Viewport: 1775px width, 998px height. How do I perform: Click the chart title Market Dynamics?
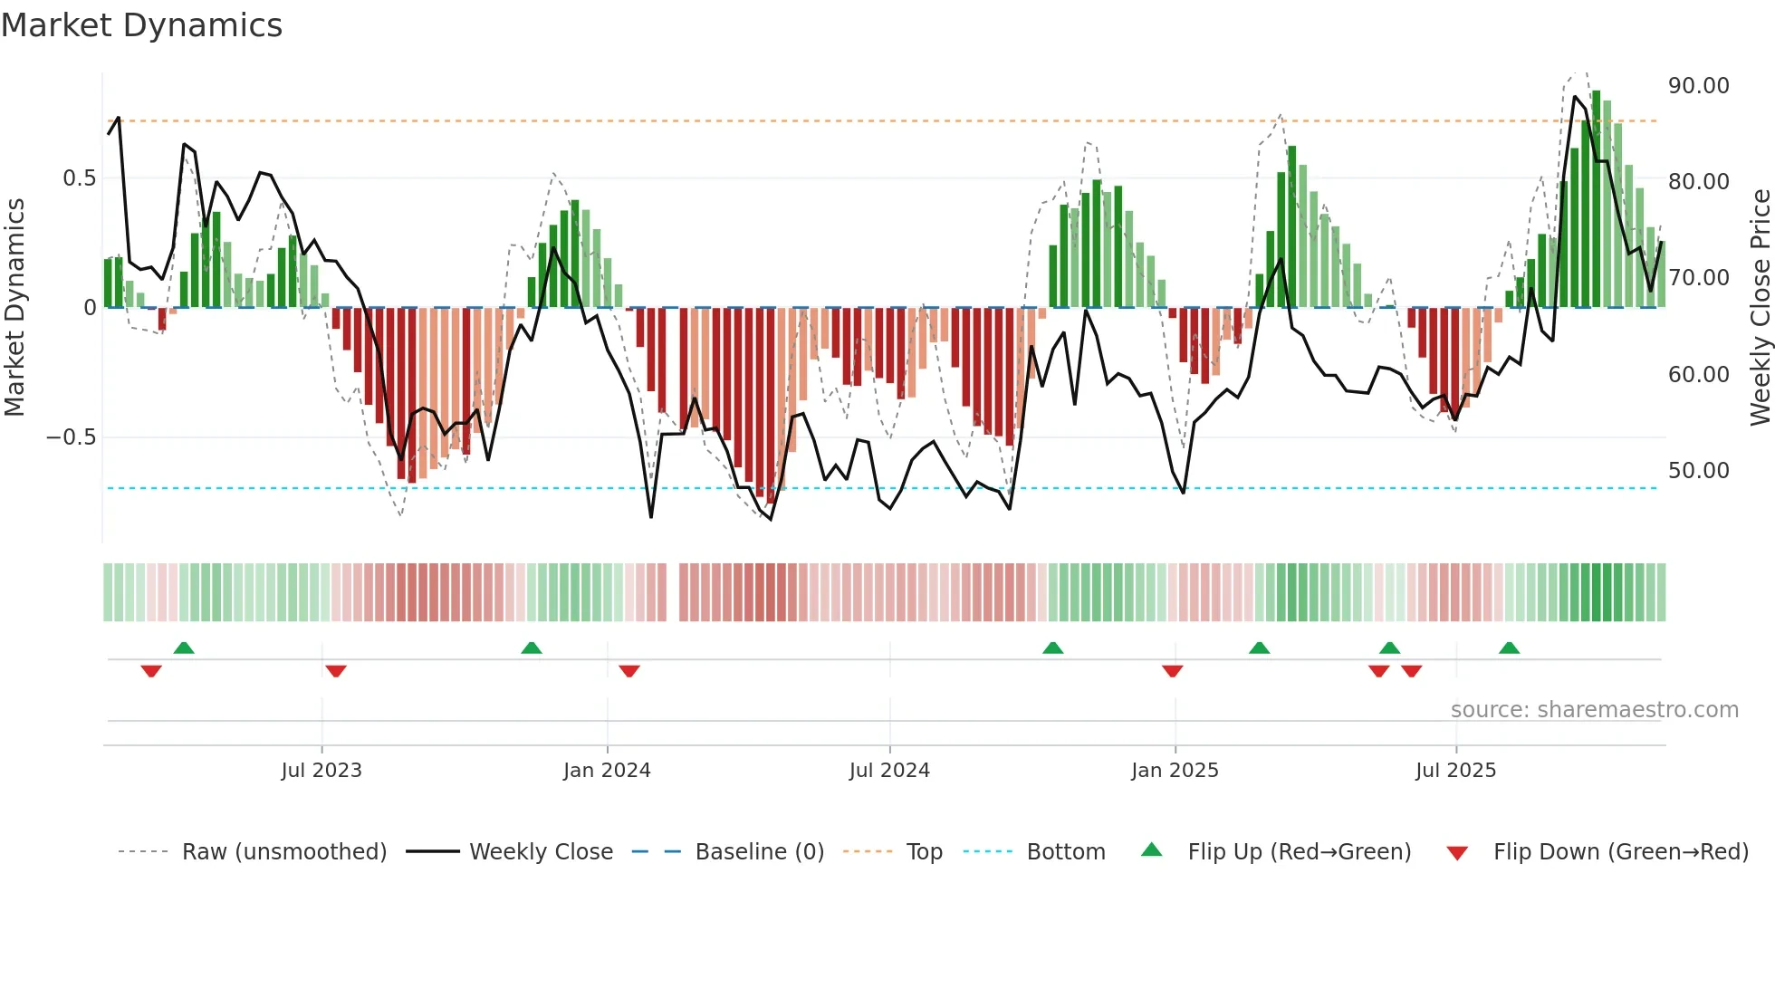click(x=141, y=25)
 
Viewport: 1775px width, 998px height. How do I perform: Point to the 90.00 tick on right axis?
click(x=1698, y=86)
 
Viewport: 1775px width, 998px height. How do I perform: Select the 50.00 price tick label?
click(x=1698, y=471)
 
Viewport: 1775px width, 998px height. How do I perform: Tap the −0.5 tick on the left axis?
click(x=71, y=437)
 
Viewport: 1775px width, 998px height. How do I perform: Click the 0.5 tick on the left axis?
click(x=79, y=178)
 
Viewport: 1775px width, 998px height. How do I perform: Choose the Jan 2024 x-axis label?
click(x=607, y=771)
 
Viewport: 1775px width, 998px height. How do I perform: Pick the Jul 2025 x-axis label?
click(x=1455, y=771)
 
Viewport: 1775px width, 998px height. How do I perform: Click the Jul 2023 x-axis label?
click(x=321, y=771)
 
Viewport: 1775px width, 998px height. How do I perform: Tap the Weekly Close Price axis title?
click(x=1760, y=308)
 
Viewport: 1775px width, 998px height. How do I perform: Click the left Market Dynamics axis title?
click(x=14, y=308)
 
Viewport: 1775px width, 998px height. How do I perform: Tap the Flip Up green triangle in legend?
click(x=1151, y=849)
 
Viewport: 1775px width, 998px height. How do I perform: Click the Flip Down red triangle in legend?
click(x=1457, y=853)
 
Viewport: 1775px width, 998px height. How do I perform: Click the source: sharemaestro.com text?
click(x=1594, y=710)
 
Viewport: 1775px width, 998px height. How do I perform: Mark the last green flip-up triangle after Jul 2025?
click(x=1509, y=648)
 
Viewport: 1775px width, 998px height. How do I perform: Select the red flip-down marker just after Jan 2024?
click(x=629, y=671)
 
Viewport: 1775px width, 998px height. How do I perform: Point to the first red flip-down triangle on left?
click(x=151, y=671)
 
